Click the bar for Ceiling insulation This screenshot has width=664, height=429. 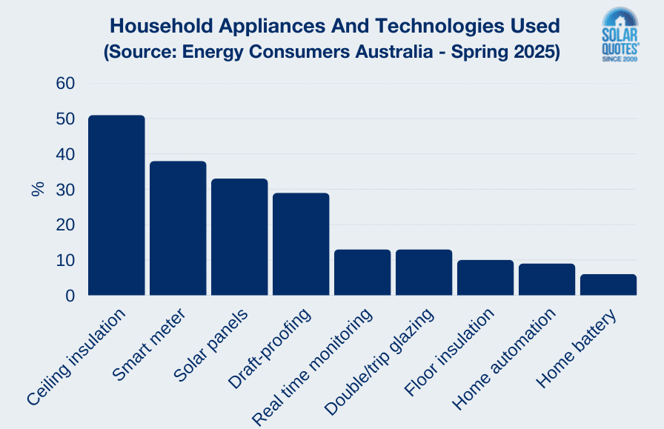coord(116,205)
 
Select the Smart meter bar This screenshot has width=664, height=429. coord(178,228)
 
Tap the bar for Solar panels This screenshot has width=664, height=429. coord(239,237)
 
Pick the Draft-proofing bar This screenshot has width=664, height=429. coord(301,245)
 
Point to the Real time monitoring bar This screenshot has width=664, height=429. coord(362,273)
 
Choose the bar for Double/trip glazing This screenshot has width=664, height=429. coord(424,273)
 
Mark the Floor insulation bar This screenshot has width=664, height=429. coord(485,278)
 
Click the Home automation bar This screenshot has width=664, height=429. coord(547,279)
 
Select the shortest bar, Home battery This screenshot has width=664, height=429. coord(608,285)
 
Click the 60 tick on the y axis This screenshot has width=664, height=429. coord(65,84)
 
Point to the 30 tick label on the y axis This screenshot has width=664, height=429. coord(65,190)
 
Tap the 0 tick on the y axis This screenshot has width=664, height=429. coord(70,296)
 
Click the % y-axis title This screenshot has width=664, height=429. coord(38,189)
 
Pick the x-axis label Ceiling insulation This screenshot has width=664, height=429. coord(77,357)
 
